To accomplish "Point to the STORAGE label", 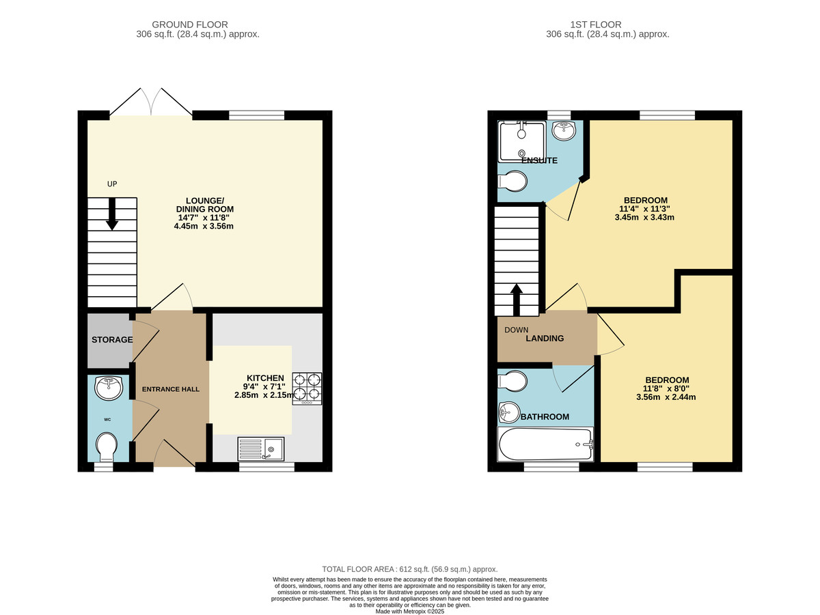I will pyautogui.click(x=112, y=339).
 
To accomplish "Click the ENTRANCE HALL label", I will pyautogui.click(x=170, y=389).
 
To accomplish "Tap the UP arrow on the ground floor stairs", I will pyautogui.click(x=111, y=212).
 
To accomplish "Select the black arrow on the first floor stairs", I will pyautogui.click(x=517, y=300).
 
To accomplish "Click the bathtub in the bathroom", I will pyautogui.click(x=545, y=444).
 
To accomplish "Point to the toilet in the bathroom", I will pyautogui.click(x=512, y=381).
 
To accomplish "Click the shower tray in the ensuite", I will pyautogui.click(x=522, y=141).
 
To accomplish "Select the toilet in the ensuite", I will pyautogui.click(x=512, y=182).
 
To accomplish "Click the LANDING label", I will pyautogui.click(x=545, y=338).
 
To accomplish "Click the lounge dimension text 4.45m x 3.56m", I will pyautogui.click(x=204, y=226).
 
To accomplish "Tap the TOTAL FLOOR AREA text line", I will pyautogui.click(x=410, y=569).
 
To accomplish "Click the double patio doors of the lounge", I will pyautogui.click(x=151, y=102).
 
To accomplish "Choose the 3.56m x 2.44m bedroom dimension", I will pyautogui.click(x=666, y=397).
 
